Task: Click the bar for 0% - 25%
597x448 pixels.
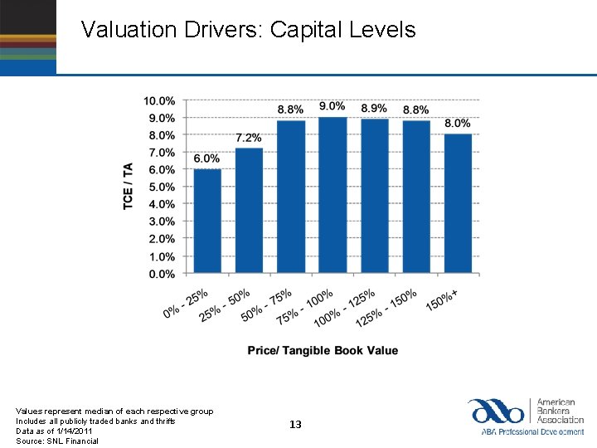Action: coord(207,222)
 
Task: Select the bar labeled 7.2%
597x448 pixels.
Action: coord(249,211)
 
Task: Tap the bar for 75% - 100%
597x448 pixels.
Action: coord(332,196)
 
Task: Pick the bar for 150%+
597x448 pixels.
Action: coord(458,204)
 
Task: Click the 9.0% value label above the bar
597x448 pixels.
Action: coord(332,107)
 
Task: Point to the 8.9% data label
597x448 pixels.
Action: coord(374,109)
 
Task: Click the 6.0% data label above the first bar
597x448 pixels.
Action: coord(206,158)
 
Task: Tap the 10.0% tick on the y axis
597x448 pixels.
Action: coord(159,100)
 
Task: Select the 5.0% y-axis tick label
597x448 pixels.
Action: coord(161,187)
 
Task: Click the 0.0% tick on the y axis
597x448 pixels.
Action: coord(161,274)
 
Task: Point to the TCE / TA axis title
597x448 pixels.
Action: coord(129,186)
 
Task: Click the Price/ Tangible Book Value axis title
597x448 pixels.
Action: coord(323,351)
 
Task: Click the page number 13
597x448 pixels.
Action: coord(296,425)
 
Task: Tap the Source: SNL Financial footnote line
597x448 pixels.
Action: coord(57,441)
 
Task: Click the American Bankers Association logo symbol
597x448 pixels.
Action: coord(495,411)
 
